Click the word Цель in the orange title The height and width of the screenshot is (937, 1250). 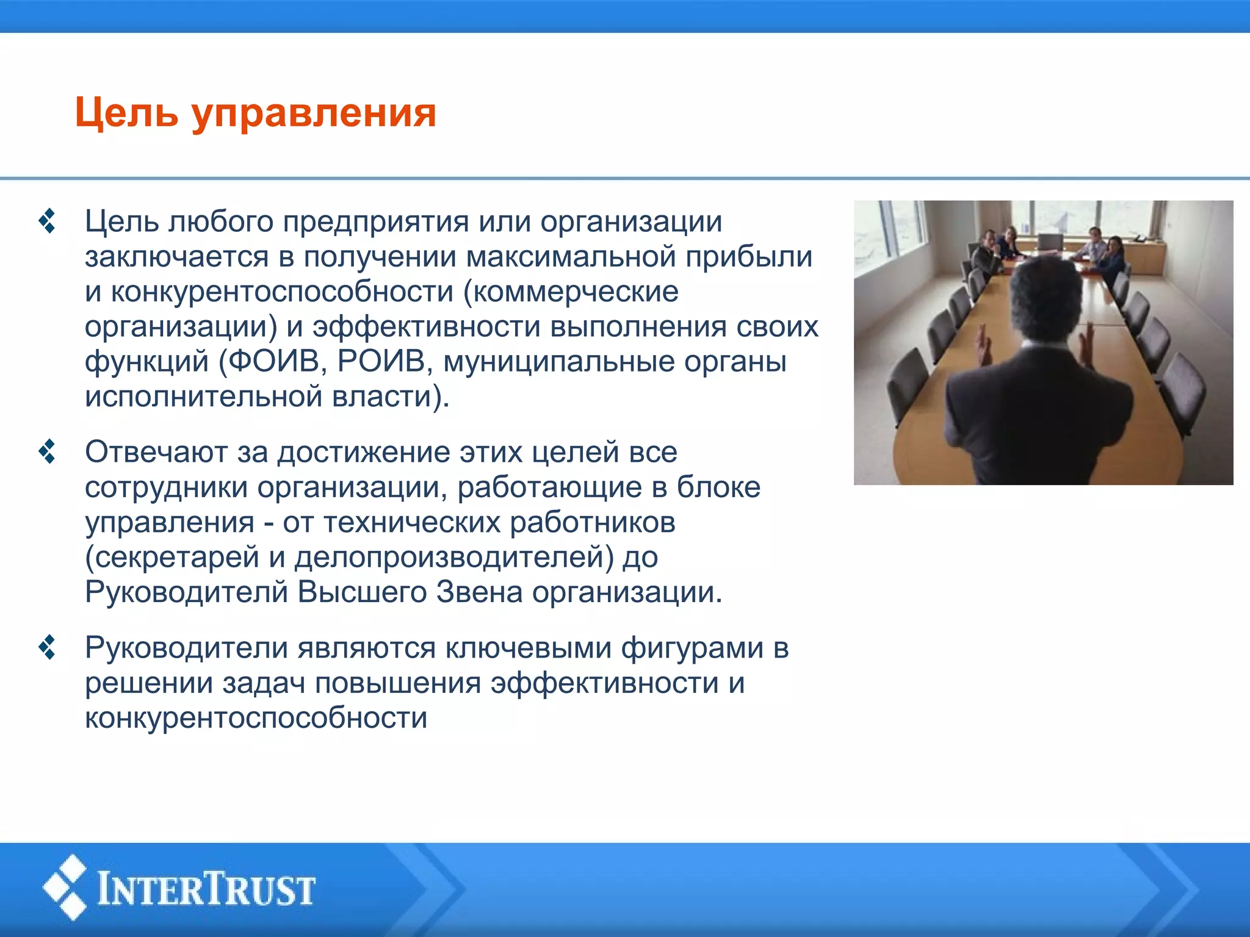click(126, 113)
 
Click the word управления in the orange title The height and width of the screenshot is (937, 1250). click(314, 115)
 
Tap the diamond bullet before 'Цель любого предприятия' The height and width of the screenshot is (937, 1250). click(47, 221)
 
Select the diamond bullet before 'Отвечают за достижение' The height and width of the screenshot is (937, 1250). click(47, 452)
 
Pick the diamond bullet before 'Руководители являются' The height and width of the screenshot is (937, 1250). click(47, 648)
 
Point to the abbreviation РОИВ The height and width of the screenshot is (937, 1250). click(381, 361)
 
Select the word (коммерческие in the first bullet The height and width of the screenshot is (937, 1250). click(571, 292)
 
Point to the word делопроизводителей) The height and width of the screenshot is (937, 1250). click(454, 558)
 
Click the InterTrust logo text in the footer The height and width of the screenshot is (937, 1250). click(206, 889)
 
